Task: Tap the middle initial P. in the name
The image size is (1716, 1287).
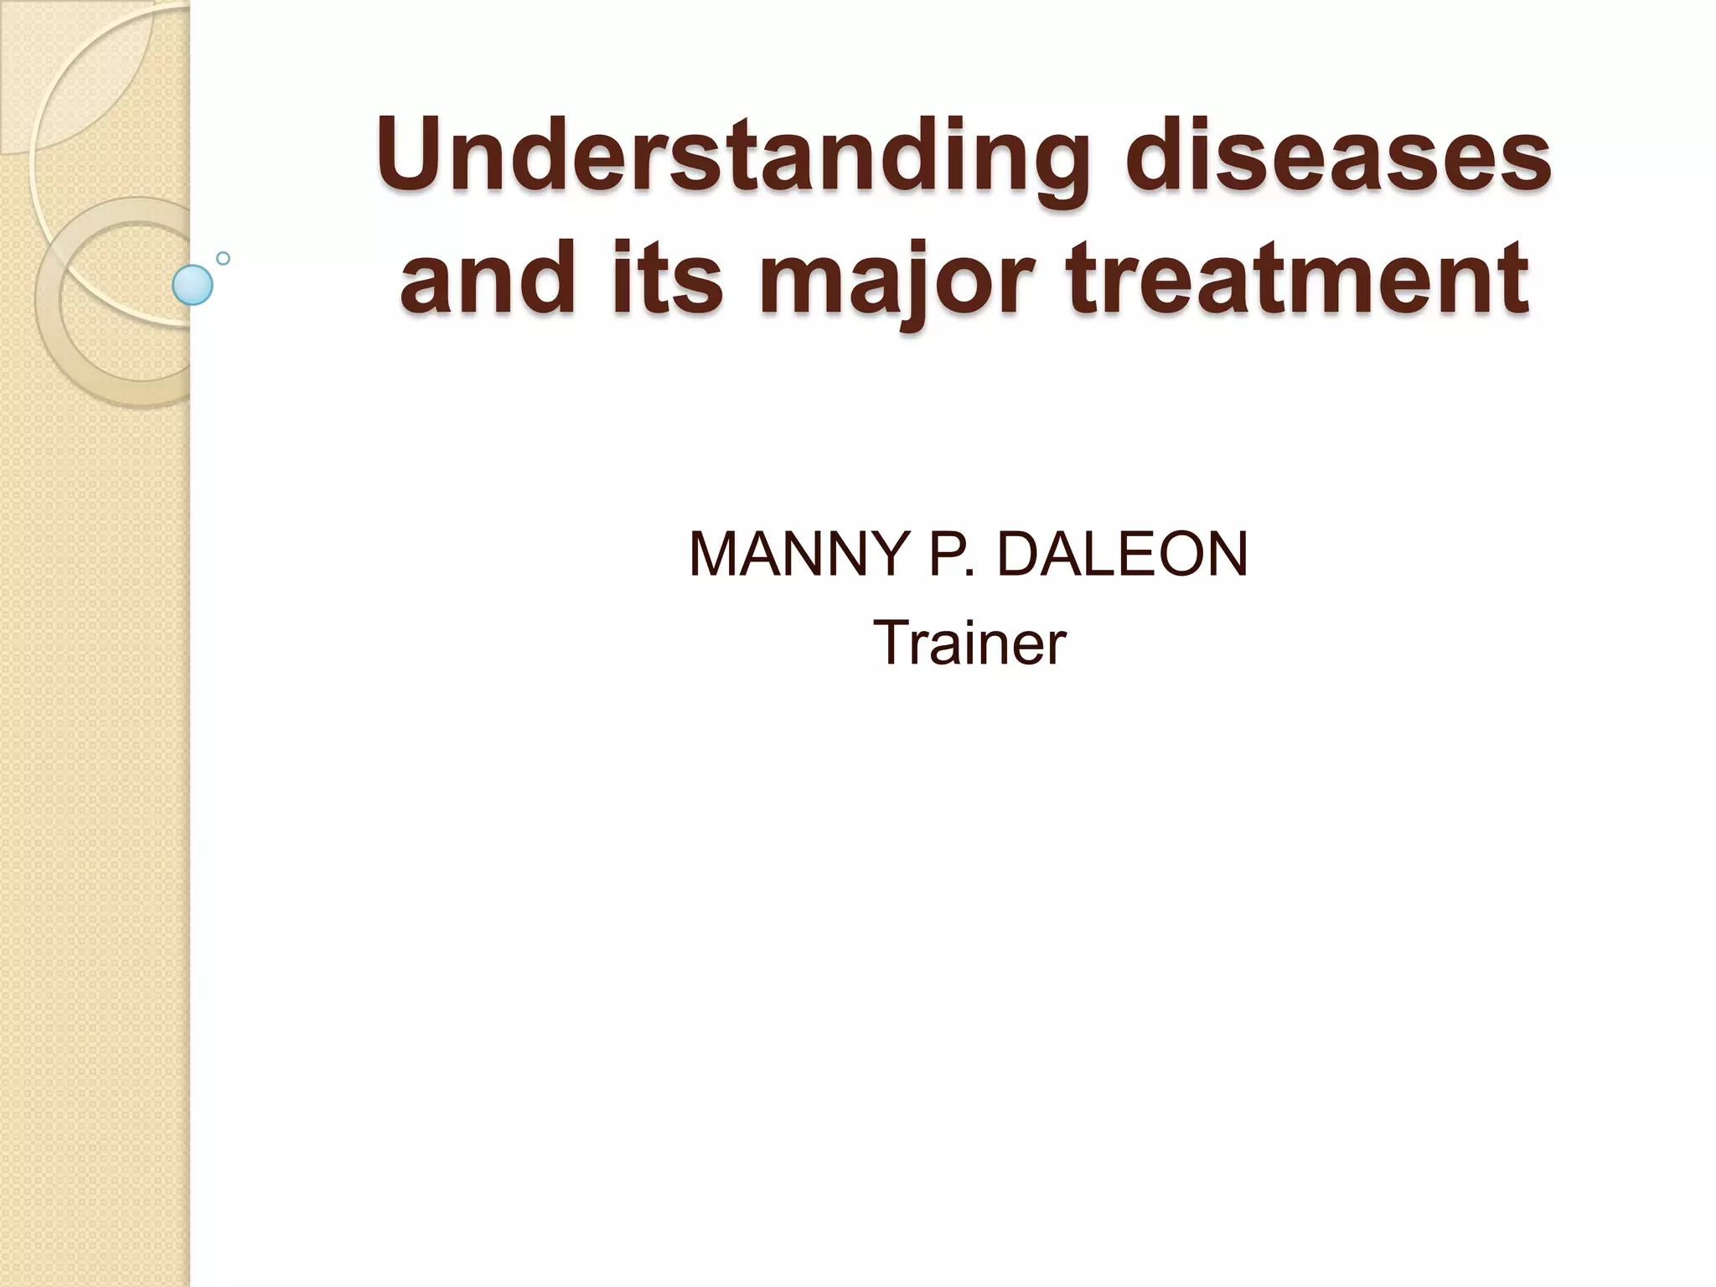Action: [952, 555]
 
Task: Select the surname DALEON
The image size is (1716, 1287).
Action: [1123, 555]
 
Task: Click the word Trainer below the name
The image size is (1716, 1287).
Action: [969, 643]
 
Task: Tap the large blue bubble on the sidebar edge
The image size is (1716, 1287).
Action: [193, 285]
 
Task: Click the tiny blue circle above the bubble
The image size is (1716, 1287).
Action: [223, 258]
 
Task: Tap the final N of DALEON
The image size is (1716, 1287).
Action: [1225, 555]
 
